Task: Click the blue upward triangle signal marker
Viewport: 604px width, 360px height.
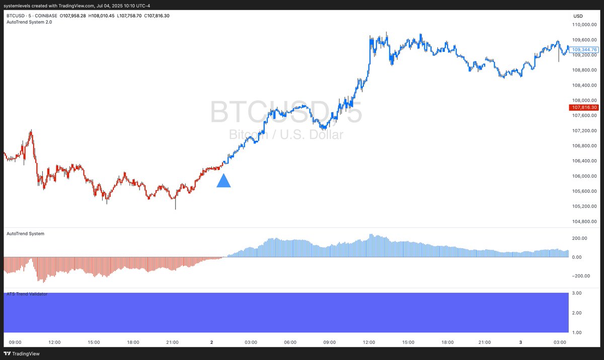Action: coord(223,181)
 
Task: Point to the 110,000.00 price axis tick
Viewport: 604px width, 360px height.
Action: coord(583,25)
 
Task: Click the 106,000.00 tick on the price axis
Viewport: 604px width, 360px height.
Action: coord(583,176)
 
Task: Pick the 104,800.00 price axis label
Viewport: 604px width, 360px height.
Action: coord(583,222)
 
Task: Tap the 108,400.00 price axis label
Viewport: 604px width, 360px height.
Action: coord(583,85)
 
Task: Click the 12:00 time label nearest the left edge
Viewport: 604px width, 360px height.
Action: coord(54,342)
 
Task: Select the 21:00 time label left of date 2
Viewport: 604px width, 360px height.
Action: coord(172,342)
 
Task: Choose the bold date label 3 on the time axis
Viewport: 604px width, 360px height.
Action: coord(520,342)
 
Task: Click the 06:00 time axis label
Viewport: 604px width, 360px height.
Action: coord(290,342)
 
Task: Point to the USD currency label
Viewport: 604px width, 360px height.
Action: coord(578,16)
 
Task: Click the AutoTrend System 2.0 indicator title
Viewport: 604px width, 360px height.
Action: coord(29,22)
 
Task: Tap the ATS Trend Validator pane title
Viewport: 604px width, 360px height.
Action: coord(27,294)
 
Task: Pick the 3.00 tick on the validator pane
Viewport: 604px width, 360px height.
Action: coord(577,293)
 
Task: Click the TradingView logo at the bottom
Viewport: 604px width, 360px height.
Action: coord(23,353)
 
